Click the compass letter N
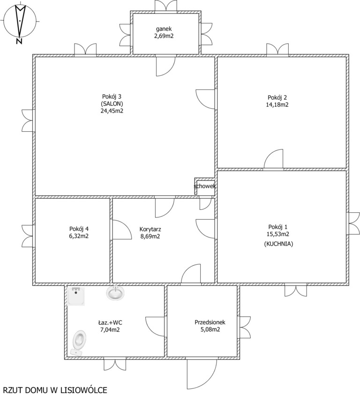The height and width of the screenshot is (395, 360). pos(19,41)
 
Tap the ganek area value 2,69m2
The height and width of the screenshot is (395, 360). pos(164,36)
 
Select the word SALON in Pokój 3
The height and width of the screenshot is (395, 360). pos(112,104)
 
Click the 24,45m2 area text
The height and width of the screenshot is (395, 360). pos(112,111)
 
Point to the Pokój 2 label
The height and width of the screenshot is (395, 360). pos(277,97)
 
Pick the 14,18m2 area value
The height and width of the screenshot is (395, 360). pos(277,104)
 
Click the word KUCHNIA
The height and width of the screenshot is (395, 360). pos(278,244)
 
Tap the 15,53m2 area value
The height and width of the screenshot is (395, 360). pos(278,234)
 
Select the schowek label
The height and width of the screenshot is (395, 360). pos(205,186)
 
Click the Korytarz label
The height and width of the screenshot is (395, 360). pos(150,229)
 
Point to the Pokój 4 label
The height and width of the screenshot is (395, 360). pos(79,229)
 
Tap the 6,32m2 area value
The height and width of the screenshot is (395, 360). pos(79,236)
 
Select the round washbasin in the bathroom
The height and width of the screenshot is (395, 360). pos(115,293)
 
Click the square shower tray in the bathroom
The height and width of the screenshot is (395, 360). pos(76,296)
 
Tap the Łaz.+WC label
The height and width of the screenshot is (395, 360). pos(110,322)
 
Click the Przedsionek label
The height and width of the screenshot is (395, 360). pos(210,322)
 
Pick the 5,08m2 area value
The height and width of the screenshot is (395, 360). pos(210,329)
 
